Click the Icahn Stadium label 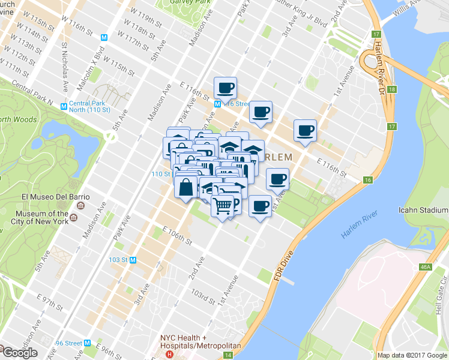click(424, 210)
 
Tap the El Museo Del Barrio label click(55, 197)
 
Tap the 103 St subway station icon click(133, 260)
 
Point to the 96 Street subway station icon click(88, 343)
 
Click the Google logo click(19, 353)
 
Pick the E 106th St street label click(176, 235)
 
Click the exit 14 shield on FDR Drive click(228, 355)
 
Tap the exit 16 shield click(368, 179)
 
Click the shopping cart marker click(223, 206)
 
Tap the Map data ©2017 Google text click(412, 355)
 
